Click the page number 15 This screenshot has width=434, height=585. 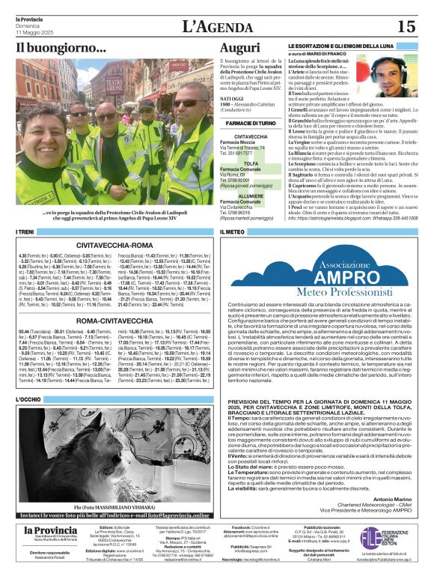click(406, 26)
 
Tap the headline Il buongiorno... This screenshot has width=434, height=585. click(61, 48)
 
